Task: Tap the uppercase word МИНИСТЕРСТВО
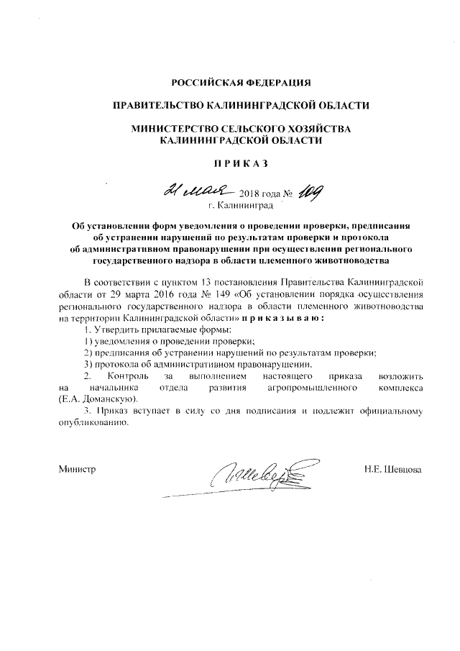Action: pyautogui.click(x=175, y=128)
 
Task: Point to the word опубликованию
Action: pyautogui.click(x=93, y=423)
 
